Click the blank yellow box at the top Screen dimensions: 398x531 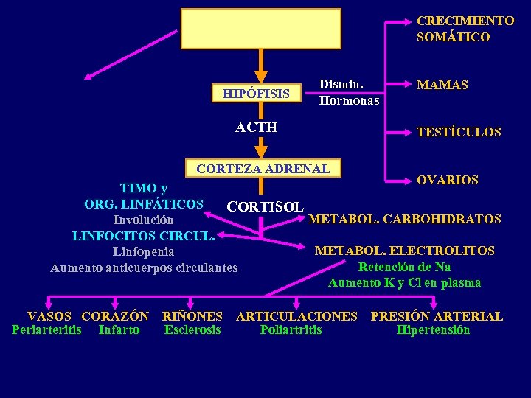click(x=261, y=29)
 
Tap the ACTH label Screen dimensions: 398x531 click(x=256, y=128)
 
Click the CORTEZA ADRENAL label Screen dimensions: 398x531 click(x=263, y=169)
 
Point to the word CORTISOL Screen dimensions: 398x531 click(x=265, y=206)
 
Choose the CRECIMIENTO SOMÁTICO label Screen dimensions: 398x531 click(x=454, y=29)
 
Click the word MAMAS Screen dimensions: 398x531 click(x=442, y=85)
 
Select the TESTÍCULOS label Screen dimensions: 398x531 click(x=458, y=133)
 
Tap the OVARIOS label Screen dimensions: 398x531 click(x=447, y=180)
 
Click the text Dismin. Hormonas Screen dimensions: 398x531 click(x=349, y=92)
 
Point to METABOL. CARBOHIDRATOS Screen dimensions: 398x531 click(x=404, y=219)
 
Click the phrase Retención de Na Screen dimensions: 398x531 click(x=404, y=267)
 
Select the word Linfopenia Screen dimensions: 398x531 click(x=144, y=251)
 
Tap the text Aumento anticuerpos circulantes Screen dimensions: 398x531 click(x=144, y=268)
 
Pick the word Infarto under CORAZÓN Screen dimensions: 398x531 click(x=119, y=329)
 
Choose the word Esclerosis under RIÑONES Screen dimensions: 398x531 click(x=192, y=329)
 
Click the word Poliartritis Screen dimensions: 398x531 click(x=291, y=329)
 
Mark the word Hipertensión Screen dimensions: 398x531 click(x=433, y=329)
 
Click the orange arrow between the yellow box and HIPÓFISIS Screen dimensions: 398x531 click(x=260, y=67)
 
